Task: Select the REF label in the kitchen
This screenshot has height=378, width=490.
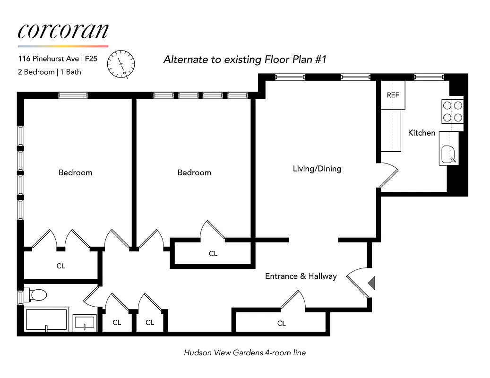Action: click(393, 95)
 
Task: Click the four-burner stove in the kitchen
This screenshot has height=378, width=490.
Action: click(452, 112)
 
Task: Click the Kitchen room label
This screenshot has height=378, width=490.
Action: click(421, 133)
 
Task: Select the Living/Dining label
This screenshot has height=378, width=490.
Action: click(317, 169)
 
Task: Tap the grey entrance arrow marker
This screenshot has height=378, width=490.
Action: click(371, 283)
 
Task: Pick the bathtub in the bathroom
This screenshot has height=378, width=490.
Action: click(46, 319)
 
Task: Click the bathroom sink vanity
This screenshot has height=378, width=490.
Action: click(86, 323)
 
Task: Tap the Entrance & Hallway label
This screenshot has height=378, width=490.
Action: click(301, 276)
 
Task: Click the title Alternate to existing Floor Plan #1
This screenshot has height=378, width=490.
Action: click(245, 60)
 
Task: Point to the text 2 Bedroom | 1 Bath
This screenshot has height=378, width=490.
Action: click(50, 72)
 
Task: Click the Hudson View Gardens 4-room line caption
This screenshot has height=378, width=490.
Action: click(245, 352)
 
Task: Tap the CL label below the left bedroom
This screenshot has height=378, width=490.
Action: click(60, 266)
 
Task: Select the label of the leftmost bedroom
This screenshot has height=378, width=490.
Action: click(75, 172)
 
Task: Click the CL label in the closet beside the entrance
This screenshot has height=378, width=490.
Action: click(281, 323)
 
